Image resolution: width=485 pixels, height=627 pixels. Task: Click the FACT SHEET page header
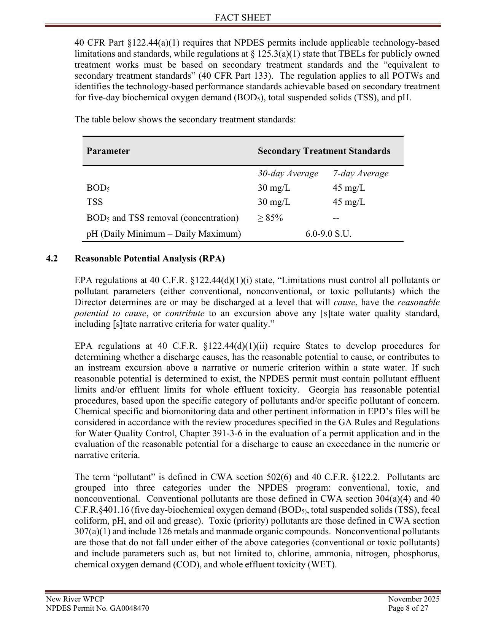[x=243, y=17]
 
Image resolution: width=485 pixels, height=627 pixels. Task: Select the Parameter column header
[x=108, y=151]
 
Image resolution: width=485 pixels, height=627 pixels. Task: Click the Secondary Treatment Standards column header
[x=324, y=151]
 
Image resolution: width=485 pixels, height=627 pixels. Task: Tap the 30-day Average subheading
[x=288, y=174]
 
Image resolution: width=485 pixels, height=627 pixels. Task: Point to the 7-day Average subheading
[x=361, y=174]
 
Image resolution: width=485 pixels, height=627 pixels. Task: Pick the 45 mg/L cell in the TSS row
[x=349, y=202]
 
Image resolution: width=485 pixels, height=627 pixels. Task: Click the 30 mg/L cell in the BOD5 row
[x=274, y=188]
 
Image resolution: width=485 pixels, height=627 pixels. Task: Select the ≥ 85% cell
[x=270, y=218]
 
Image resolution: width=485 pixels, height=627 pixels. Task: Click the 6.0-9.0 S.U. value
[x=328, y=234]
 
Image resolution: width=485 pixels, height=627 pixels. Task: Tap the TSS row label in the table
[x=95, y=202]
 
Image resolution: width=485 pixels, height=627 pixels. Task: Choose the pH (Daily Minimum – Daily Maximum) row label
[x=164, y=234]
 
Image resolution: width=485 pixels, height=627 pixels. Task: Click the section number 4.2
[x=52, y=259]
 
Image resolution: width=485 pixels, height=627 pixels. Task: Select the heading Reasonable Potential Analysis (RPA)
[x=149, y=259]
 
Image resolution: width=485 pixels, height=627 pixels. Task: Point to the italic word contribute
[x=184, y=313]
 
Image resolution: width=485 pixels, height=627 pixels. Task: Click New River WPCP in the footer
[x=75, y=599]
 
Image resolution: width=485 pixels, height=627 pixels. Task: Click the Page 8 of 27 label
[x=409, y=608]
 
